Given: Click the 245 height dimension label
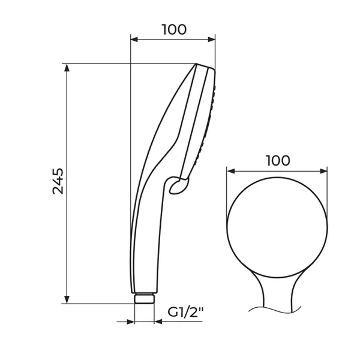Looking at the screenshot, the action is tap(58, 181).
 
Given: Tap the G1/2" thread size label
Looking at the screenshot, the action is tap(186, 312).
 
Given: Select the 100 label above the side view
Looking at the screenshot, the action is tap(174, 29).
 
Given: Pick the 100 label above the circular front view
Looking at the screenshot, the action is tap(278, 161).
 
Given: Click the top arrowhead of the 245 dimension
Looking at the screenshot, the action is tap(67, 67).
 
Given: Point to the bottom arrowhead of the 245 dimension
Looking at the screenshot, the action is tap(67, 299).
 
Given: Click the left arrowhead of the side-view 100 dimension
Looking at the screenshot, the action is tap(134, 39).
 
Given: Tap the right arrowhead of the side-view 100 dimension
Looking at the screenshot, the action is tap(211, 39).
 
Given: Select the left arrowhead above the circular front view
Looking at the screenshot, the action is tap(231, 171).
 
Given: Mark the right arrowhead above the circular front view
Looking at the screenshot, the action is tap(323, 171).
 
